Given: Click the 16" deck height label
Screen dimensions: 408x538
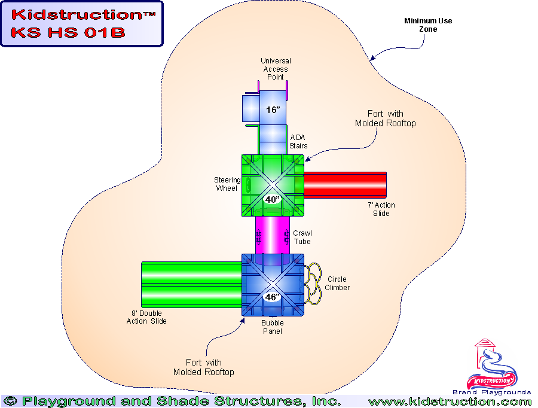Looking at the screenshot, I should pyautogui.click(x=273, y=110).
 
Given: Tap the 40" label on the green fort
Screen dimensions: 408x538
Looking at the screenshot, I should pyautogui.click(x=273, y=199).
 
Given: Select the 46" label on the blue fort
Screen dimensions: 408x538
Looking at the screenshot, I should pyautogui.click(x=273, y=297).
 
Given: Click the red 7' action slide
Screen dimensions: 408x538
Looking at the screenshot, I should pyautogui.click(x=346, y=184).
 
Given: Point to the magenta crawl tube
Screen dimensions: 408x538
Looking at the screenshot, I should pyautogui.click(x=273, y=235).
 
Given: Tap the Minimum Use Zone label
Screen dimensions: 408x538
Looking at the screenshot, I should pyautogui.click(x=428, y=25).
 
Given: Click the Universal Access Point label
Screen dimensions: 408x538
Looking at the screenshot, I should pyautogui.click(x=276, y=69).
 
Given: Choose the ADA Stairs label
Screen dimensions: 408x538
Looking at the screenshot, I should pyautogui.click(x=298, y=142).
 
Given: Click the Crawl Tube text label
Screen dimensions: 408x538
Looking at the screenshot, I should pyautogui.click(x=302, y=237).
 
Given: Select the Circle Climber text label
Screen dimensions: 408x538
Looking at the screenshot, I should pyautogui.click(x=337, y=284).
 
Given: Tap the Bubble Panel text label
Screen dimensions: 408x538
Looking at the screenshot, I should pyautogui.click(x=273, y=327).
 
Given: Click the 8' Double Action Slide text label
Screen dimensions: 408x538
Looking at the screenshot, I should pyautogui.click(x=146, y=318).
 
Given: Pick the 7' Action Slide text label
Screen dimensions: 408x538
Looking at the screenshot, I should pyautogui.click(x=381, y=209).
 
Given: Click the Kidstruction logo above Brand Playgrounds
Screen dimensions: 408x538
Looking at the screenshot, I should pyautogui.click(x=493, y=365).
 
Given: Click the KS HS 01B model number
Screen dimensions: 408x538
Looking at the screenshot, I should pyautogui.click(x=68, y=32).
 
